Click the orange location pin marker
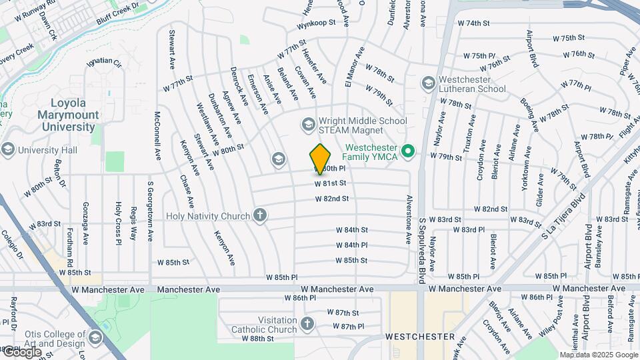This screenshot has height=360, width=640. click(x=321, y=159)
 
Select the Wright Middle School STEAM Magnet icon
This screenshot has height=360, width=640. click(x=307, y=124)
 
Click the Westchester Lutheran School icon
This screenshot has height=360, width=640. click(x=428, y=83)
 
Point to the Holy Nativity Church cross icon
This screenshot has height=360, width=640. click(x=260, y=215)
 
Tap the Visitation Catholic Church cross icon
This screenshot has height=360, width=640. click(x=307, y=323)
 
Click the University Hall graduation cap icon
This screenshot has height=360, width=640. click(x=8, y=149)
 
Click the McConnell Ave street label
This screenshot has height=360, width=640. click(x=158, y=136)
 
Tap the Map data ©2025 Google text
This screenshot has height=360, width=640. click(x=598, y=355)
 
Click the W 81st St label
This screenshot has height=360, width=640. click(x=331, y=183)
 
